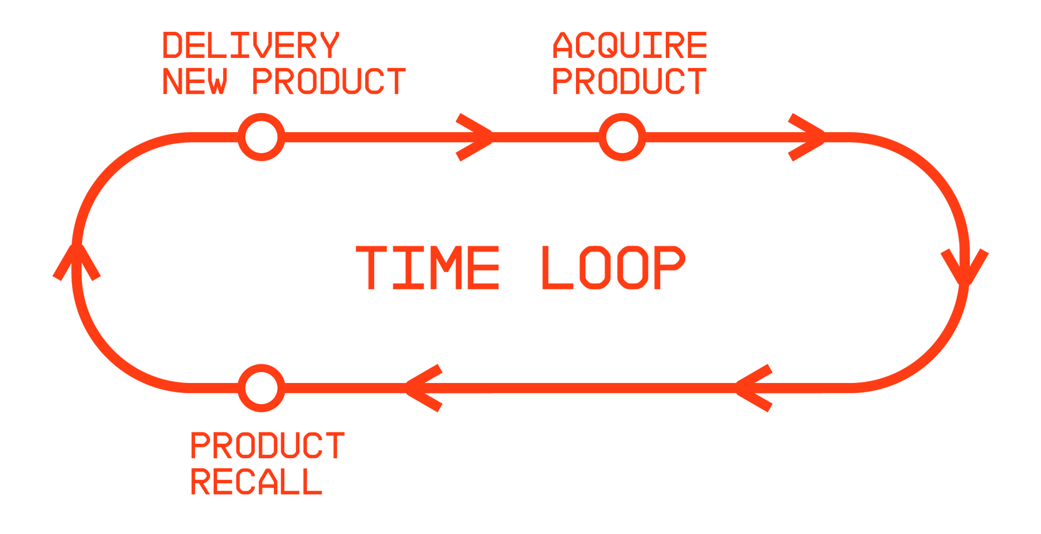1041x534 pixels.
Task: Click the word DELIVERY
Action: (250, 46)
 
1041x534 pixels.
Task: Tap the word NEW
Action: (195, 81)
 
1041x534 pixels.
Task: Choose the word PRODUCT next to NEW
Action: (329, 81)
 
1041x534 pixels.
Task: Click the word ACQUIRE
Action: (630, 46)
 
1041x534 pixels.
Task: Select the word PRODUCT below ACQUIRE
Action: (629, 81)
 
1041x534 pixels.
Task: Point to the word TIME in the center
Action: (428, 268)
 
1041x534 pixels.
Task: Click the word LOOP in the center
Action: (613, 268)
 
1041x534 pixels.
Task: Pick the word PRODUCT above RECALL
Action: (268, 446)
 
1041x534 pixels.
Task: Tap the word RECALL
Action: (256, 482)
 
